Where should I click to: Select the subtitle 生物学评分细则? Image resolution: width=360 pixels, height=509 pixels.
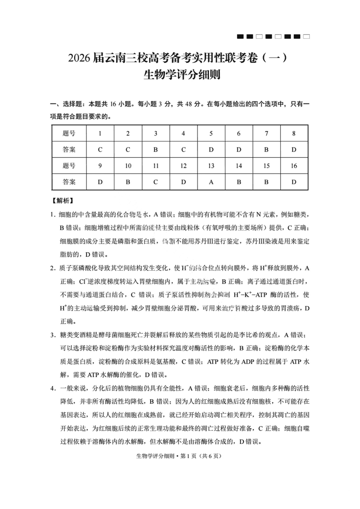tap(181, 74)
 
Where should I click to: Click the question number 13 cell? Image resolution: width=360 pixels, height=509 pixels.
tap(211, 165)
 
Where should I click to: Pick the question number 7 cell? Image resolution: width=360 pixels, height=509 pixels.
tap(266, 133)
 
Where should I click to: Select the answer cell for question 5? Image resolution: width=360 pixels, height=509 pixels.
tap(211, 149)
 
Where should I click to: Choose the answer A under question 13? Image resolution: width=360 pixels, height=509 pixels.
tap(211, 182)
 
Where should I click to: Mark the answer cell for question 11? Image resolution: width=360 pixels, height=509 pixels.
tap(156, 182)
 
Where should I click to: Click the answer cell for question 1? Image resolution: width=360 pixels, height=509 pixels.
tap(100, 149)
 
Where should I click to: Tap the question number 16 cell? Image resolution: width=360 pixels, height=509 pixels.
tap(294, 165)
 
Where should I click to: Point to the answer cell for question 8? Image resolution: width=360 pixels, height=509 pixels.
tap(294, 149)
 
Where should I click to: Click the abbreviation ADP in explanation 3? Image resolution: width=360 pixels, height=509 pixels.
tap(244, 361)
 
